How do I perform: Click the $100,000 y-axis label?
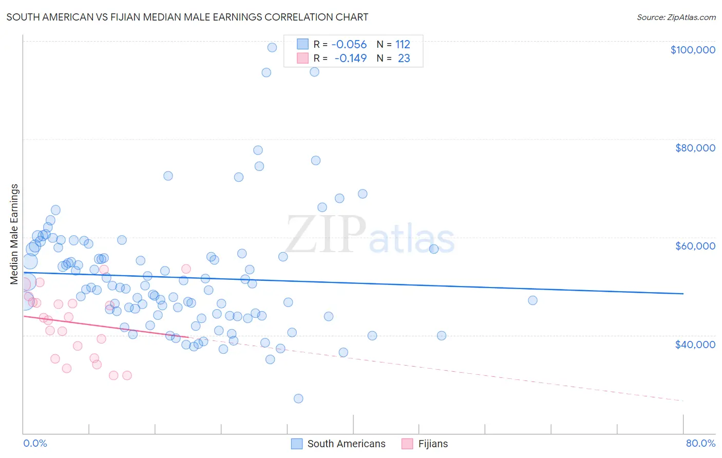coord(693,50)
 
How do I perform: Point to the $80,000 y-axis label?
coord(695,148)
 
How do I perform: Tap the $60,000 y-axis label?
coord(695,246)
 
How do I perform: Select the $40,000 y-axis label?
coord(695,344)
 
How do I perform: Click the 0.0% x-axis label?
coord(35,443)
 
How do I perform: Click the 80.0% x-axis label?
coord(700,443)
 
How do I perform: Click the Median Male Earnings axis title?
coord(14,234)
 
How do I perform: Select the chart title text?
coord(187,17)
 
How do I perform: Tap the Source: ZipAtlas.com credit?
coord(676,17)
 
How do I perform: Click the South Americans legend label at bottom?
coord(346,444)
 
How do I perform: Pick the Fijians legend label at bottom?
coord(433,444)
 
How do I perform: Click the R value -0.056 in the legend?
coord(349,44)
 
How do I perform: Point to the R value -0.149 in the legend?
coord(350,58)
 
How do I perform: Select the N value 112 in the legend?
coord(403,44)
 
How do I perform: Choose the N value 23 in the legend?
coord(404,58)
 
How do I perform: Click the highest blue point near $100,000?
coord(272,47)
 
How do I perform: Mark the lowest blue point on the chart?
coord(298,398)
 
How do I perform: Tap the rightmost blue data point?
coord(533,300)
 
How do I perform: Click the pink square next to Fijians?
coord(407,444)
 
